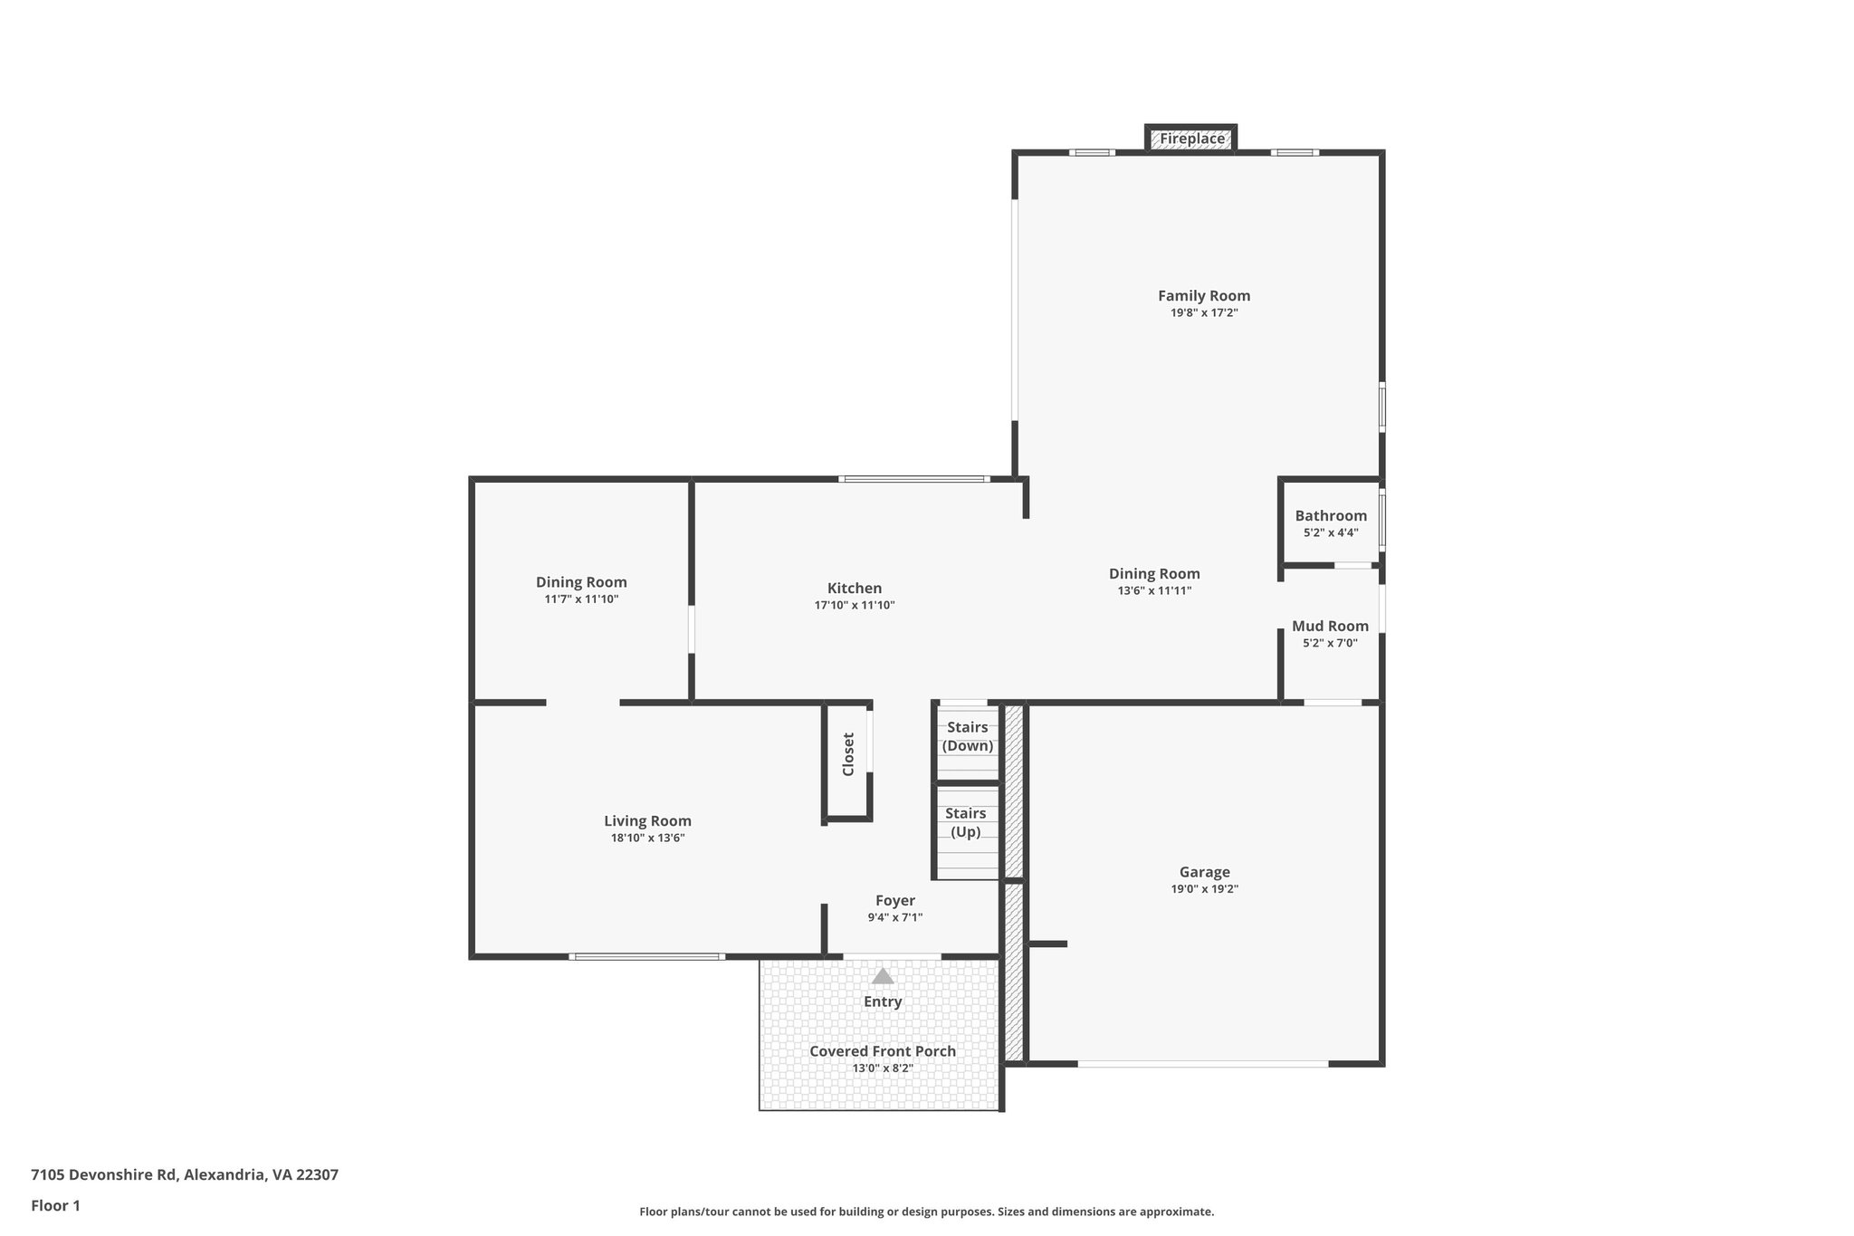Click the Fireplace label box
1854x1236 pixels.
(1191, 139)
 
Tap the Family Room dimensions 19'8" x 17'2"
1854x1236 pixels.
(1204, 313)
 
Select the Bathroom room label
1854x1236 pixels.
(1331, 516)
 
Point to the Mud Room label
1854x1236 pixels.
(1330, 627)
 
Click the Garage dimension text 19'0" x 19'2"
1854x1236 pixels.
(1204, 889)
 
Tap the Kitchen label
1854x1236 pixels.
(854, 589)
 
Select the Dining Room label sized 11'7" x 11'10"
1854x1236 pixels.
(581, 582)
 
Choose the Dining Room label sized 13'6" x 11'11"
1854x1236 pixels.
(1154, 574)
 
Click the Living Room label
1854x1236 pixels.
(647, 821)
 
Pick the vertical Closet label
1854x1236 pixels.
(848, 754)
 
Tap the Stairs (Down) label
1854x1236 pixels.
(967, 737)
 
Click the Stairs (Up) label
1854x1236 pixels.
(966, 822)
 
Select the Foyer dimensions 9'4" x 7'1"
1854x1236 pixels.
(894, 917)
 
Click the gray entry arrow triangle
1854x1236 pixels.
(883, 977)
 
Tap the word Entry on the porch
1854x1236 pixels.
(883, 1001)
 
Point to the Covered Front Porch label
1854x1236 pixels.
(883, 1051)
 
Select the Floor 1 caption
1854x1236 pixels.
(55, 1205)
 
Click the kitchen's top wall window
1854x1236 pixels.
(913, 478)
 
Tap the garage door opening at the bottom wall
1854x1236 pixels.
(1202, 1064)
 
